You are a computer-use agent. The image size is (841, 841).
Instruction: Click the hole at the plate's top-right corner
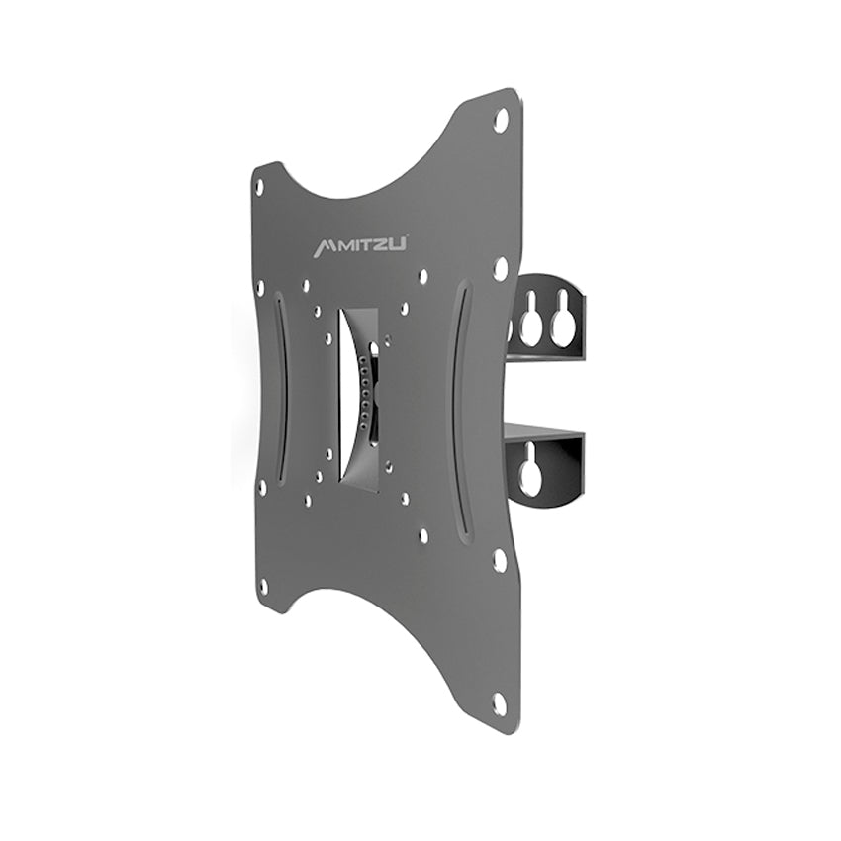tap(501, 120)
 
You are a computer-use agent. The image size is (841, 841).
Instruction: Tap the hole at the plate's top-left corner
tap(259, 185)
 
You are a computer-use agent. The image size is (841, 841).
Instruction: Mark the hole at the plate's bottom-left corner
tap(263, 585)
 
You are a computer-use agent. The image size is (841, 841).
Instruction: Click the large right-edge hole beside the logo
tap(501, 268)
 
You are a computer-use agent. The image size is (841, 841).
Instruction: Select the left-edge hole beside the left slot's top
tap(260, 287)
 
